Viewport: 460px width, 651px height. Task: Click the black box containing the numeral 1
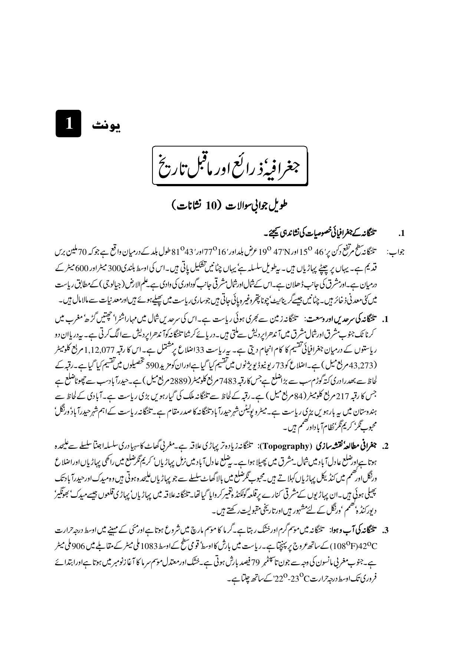pyautogui.click(x=68, y=124)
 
